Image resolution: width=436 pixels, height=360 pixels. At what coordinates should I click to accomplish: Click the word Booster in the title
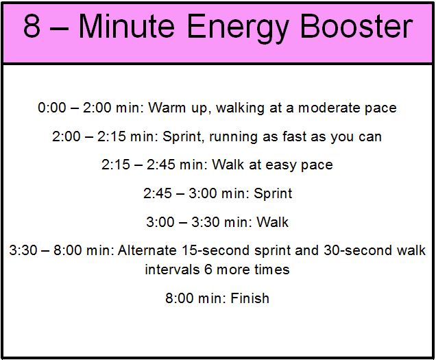[x=356, y=26]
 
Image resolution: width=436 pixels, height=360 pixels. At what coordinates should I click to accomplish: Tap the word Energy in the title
[x=237, y=28]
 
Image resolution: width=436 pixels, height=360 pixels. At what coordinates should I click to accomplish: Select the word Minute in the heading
[x=127, y=26]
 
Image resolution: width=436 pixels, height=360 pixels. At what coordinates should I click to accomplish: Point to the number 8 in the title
[x=32, y=26]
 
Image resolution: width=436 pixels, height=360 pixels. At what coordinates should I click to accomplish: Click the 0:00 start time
[x=52, y=108]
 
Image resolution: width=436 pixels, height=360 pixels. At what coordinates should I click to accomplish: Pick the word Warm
[x=167, y=108]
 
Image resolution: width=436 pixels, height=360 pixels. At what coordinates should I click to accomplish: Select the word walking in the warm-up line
[x=240, y=108]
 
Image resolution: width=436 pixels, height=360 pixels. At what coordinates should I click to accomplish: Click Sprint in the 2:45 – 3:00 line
[x=273, y=194]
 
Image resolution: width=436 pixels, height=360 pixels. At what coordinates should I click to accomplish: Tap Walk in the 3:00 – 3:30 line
[x=272, y=222]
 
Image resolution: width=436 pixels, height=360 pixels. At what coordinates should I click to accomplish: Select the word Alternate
[x=147, y=250]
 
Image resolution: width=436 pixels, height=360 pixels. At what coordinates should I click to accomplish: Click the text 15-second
[x=216, y=250]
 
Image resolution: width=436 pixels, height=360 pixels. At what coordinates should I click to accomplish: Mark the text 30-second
[x=358, y=250]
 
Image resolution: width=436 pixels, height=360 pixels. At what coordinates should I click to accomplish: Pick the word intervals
[x=172, y=269]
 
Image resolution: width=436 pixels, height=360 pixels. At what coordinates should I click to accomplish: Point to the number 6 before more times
[x=208, y=269]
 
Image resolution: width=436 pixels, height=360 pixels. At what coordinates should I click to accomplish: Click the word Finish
[x=250, y=298]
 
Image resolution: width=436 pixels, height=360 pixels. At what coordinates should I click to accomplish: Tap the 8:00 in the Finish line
[x=179, y=298]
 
